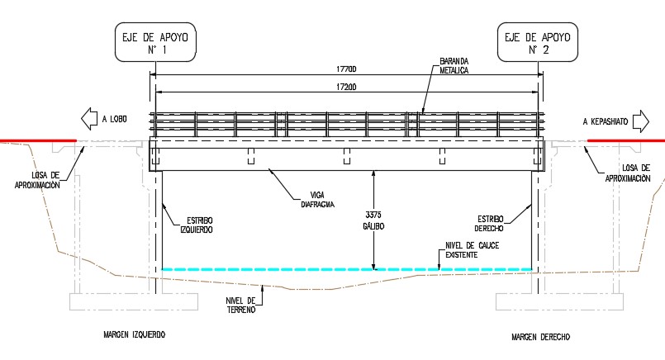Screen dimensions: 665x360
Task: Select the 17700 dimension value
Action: pos(346,69)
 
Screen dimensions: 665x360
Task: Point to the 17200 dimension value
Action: pos(346,87)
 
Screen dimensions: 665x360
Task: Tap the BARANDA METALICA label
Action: pos(454,66)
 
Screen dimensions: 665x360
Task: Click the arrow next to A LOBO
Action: pos(89,119)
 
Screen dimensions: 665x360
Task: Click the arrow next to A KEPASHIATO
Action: pos(641,121)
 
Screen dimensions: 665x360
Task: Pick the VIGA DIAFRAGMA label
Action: pos(318,200)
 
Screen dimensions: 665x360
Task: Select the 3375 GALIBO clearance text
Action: pos(373,220)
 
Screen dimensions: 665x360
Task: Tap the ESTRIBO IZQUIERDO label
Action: pos(197,225)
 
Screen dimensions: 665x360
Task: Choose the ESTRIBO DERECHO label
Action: pos(489,224)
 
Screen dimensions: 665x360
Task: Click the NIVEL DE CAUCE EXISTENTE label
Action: pos(472,250)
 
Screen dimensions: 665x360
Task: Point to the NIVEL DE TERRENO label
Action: pos(240,306)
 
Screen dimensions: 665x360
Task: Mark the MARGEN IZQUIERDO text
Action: pos(135,334)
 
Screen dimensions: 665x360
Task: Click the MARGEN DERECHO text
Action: pos(541,337)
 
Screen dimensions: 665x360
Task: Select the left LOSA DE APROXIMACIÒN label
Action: pos(37,180)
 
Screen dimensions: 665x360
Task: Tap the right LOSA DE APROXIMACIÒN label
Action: pos(628,173)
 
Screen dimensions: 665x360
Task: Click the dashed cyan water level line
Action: pos(347,269)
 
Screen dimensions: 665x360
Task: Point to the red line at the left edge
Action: pos(38,140)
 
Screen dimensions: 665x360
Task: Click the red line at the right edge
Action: pos(626,140)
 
